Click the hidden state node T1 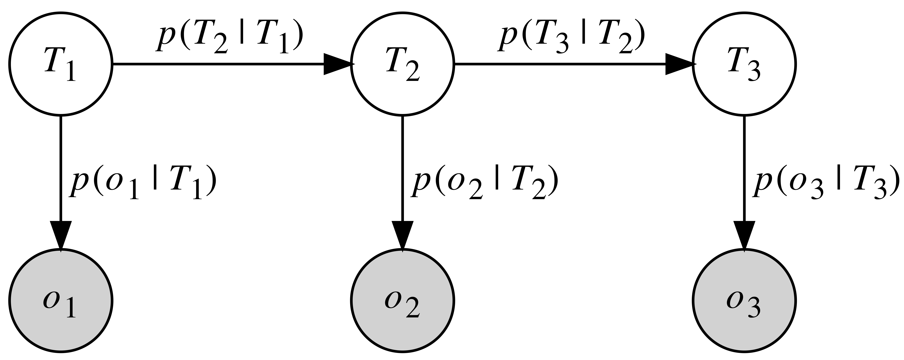tap(60, 64)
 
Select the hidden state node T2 tap(403, 64)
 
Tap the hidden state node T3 tap(744, 64)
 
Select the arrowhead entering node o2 tap(403, 235)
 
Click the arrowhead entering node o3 tap(744, 235)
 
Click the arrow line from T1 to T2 tap(218, 64)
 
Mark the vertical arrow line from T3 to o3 tap(744, 168)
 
